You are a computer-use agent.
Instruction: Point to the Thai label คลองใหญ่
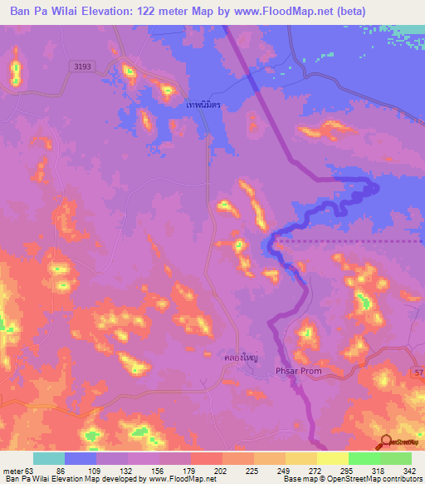tap(241, 357)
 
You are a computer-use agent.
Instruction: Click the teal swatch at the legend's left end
tap(49, 458)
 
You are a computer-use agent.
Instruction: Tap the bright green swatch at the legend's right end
tap(396, 458)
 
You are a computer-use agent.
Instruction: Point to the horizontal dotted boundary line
tap(349, 241)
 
